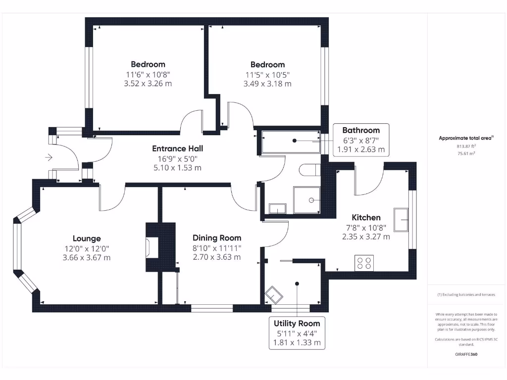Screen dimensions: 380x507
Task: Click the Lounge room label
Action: [x=87, y=238]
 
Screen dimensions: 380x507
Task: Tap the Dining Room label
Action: [x=217, y=238]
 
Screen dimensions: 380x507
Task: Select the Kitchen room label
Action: [x=366, y=218]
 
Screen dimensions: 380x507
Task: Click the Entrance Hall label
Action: [x=177, y=148]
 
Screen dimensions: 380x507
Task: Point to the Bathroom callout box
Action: [x=361, y=140]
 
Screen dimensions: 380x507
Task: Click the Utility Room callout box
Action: [x=297, y=333]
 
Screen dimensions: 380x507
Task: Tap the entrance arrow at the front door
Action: [x=49, y=158]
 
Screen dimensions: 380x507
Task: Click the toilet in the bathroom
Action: [x=308, y=170]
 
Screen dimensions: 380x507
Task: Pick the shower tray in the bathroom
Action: [x=307, y=200]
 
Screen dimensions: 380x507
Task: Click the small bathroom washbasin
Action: [x=277, y=208]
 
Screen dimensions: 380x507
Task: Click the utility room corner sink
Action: [x=274, y=296]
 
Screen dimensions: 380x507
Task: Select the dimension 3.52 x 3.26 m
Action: [x=148, y=84]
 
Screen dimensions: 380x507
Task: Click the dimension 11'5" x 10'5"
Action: [x=267, y=75]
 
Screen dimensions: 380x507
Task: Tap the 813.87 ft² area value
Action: [x=465, y=146]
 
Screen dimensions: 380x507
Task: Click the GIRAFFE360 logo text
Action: [x=465, y=354]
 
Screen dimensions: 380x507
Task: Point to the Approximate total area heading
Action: [x=465, y=139]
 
